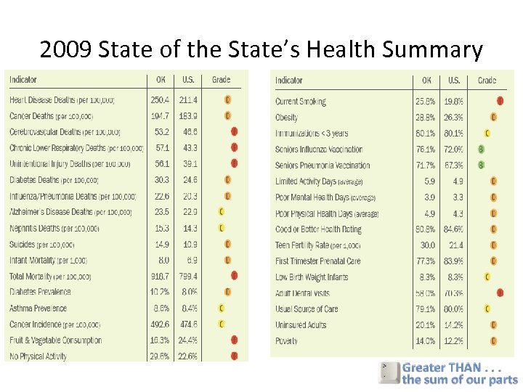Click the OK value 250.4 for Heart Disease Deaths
pos(160,99)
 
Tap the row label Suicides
pos(23,244)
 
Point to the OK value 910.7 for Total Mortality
pos(160,276)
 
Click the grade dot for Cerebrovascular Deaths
pos(234,131)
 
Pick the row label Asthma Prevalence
pos(38,308)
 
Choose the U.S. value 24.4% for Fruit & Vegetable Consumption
pos(188,340)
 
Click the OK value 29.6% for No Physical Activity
pos(160,356)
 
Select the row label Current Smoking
pos(301,102)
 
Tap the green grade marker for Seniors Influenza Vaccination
pos(481,150)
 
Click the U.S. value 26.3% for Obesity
pos(454,118)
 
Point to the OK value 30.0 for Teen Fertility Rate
pos(428,245)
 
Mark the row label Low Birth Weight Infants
pos(312,277)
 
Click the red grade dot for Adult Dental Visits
pos(500,293)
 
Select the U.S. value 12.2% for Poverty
pos(454,341)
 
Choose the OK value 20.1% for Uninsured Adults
pos(426,325)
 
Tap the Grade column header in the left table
pos(221,80)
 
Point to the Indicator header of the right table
pos(289,81)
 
